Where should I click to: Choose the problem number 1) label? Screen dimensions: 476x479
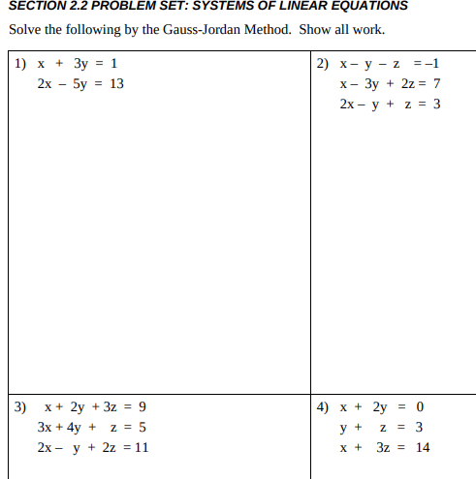[20, 64]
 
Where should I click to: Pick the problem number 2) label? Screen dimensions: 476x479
[324, 64]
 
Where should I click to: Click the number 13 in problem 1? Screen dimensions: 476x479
[115, 83]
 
